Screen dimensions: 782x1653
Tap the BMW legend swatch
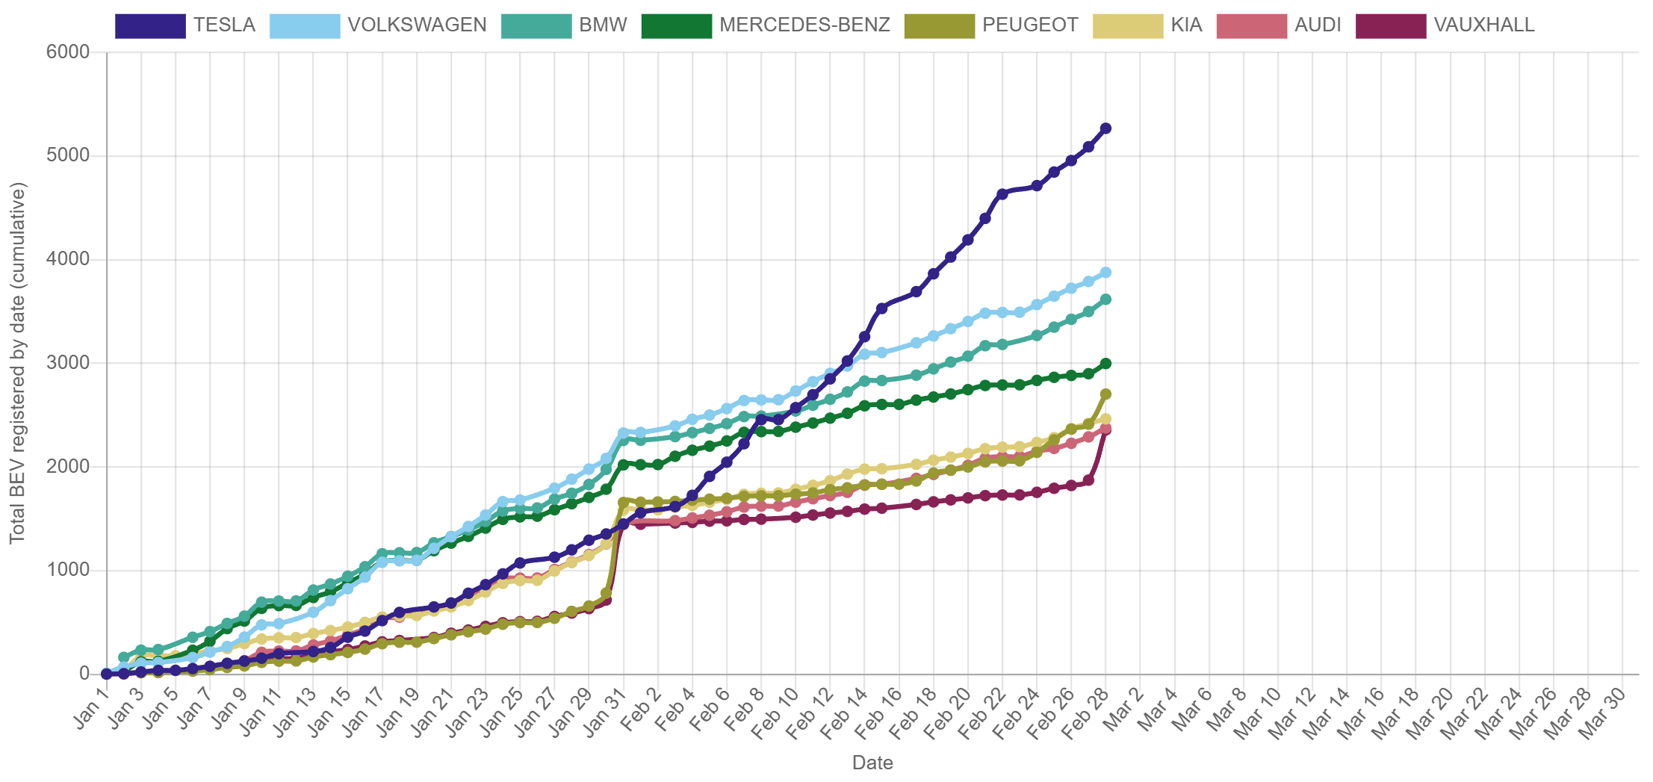(x=537, y=26)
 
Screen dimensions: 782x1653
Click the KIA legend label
(x=1186, y=25)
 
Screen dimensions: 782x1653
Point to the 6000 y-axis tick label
(x=68, y=52)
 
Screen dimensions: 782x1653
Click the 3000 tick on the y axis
(x=68, y=362)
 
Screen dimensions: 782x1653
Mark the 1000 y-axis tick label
(x=68, y=569)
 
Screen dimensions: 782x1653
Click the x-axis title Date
(x=872, y=763)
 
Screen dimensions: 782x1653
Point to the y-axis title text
(x=17, y=362)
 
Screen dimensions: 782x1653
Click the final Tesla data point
(x=1105, y=128)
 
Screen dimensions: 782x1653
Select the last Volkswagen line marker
(x=1105, y=273)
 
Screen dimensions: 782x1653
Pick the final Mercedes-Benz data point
(x=1105, y=364)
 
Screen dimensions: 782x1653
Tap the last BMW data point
(x=1105, y=300)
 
